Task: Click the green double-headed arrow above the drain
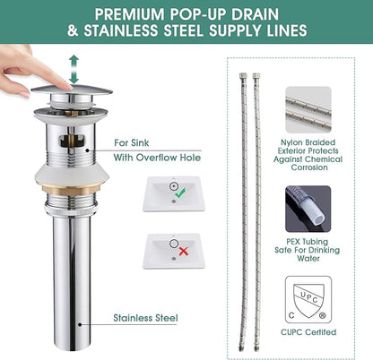click(74, 69)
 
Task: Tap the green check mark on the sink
click(180, 193)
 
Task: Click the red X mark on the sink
click(183, 252)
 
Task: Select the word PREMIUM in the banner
click(129, 14)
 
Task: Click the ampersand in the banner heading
click(73, 30)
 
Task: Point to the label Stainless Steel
click(145, 318)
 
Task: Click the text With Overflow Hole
click(157, 158)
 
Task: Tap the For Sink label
click(131, 142)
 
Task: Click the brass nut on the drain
click(72, 189)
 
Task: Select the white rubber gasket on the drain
click(72, 174)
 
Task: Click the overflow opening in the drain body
click(73, 141)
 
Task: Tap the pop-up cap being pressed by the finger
click(72, 89)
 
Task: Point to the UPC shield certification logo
click(308, 302)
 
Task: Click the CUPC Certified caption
click(308, 332)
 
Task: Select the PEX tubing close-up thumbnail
click(308, 209)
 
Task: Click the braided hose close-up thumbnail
click(308, 109)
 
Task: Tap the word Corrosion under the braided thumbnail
click(309, 167)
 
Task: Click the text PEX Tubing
click(307, 242)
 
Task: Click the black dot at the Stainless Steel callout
click(80, 324)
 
